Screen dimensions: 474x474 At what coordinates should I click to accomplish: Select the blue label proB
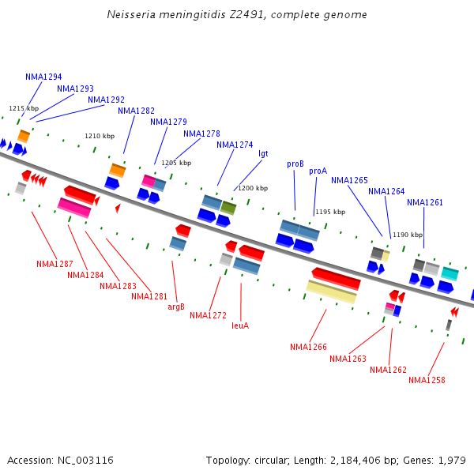tap(295, 164)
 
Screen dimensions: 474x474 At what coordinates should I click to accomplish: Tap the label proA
tap(318, 171)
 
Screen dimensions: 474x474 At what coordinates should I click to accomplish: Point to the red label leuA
tap(240, 325)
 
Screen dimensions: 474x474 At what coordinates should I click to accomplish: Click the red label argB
tap(176, 307)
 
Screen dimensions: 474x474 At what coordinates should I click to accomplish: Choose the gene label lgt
tap(263, 153)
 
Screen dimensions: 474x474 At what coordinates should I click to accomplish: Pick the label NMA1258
tap(427, 380)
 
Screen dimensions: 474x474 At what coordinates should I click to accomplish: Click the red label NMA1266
tap(308, 347)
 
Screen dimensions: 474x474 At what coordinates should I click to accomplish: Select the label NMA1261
tap(425, 202)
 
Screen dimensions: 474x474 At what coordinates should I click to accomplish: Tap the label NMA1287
tap(55, 264)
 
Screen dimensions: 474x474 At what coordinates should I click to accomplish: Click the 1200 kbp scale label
tap(253, 188)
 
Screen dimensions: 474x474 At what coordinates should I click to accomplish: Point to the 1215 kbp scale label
tap(24, 108)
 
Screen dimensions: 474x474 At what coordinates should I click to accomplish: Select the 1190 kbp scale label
tap(408, 235)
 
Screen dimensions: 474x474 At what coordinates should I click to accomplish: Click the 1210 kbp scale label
tap(100, 136)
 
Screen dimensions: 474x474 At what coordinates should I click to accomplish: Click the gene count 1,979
tap(452, 460)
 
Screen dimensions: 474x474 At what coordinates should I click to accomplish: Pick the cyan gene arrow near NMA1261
tap(450, 273)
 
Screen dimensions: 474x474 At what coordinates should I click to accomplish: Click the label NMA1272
tap(209, 315)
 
